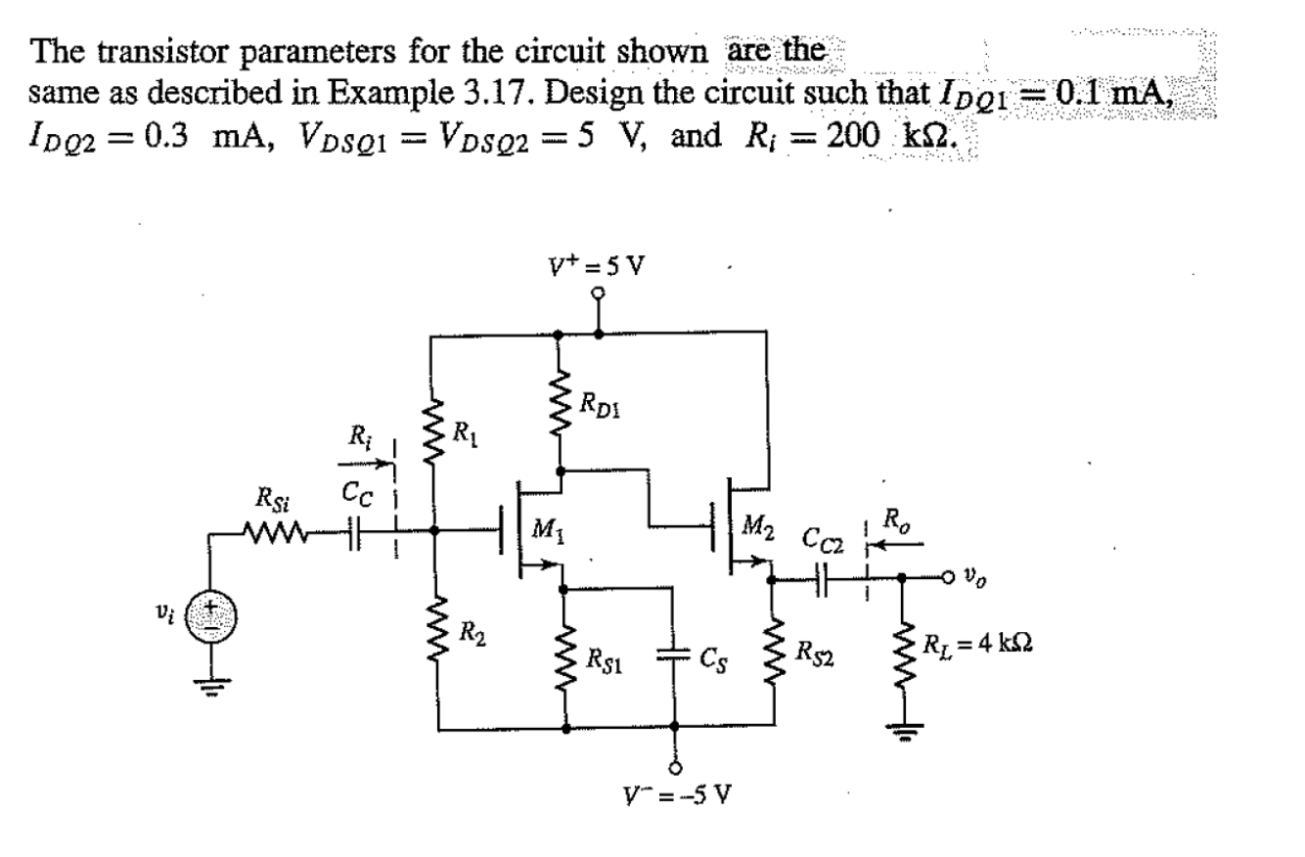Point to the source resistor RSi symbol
tap(277, 533)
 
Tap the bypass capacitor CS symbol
tap(673, 656)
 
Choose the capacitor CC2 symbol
tap(822, 579)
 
